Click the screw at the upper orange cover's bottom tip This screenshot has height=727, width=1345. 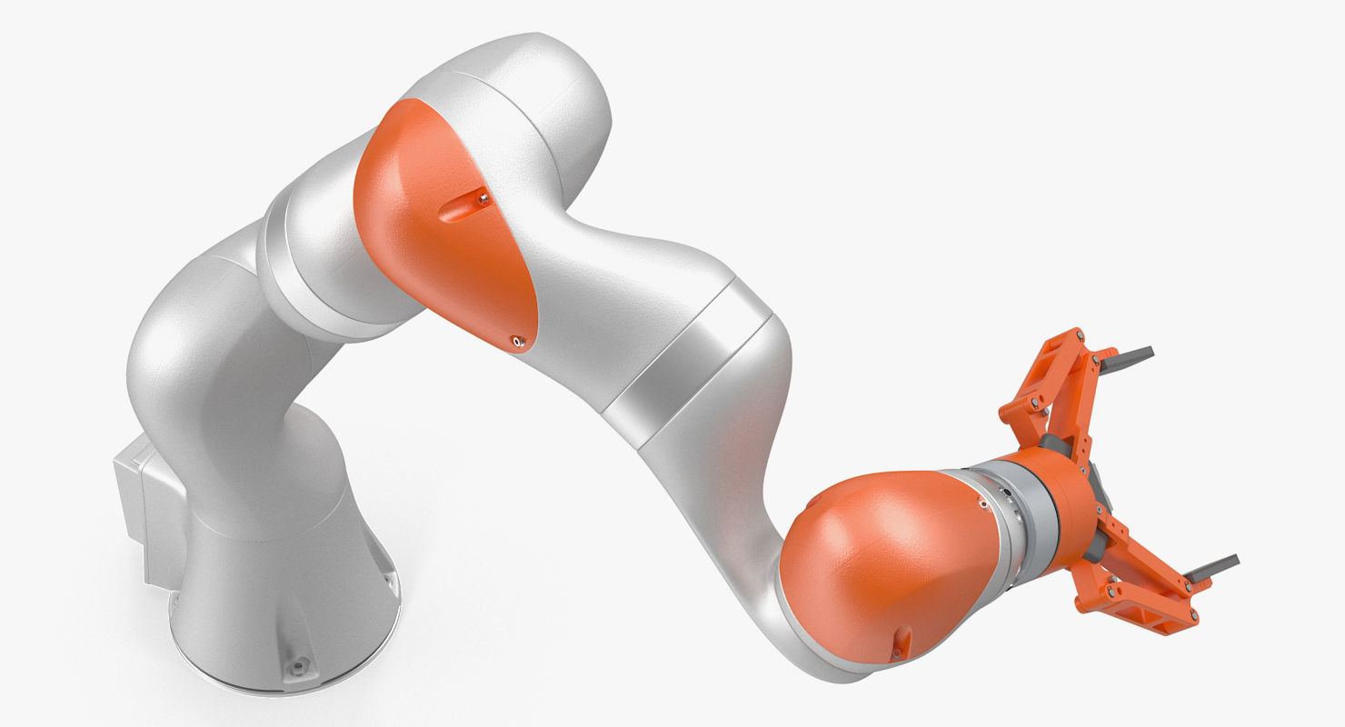click(517, 342)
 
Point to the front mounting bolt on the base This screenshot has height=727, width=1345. click(294, 668)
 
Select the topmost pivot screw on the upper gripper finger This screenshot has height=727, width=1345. click(1080, 338)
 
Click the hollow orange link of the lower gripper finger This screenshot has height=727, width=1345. click(1136, 591)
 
